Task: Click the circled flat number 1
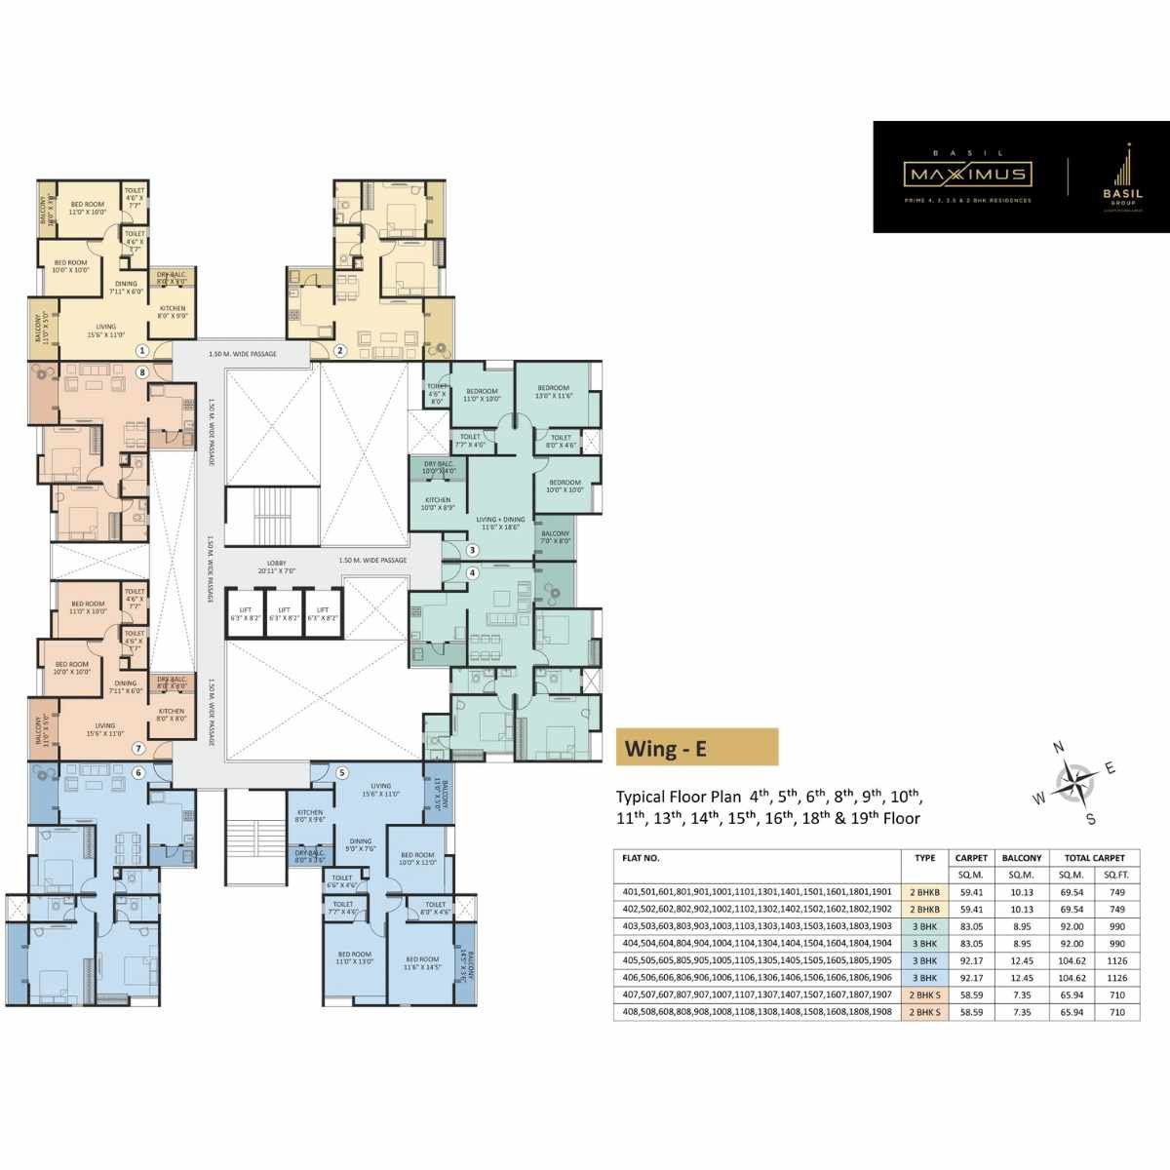coord(142,350)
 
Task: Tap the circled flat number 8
coord(142,372)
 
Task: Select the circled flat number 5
coord(341,773)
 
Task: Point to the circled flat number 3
coord(472,551)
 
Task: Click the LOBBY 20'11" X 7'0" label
coord(276,566)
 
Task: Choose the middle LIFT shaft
coord(284,614)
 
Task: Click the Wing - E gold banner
coord(697,748)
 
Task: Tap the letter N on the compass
coord(1059,748)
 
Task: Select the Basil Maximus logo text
coord(966,174)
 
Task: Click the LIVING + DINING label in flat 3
coord(500,523)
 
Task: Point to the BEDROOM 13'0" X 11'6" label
coord(553,392)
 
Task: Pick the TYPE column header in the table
coord(924,858)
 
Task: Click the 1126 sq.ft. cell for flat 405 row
coord(1116,960)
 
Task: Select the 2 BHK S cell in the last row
coord(924,1012)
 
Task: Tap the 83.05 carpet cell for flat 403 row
coord(971,926)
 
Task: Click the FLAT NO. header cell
coord(642,858)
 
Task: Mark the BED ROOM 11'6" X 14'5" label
coord(422,963)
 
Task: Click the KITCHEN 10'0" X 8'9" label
coord(438,503)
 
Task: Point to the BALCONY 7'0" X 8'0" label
coord(555,537)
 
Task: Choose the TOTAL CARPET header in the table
coord(1094,858)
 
